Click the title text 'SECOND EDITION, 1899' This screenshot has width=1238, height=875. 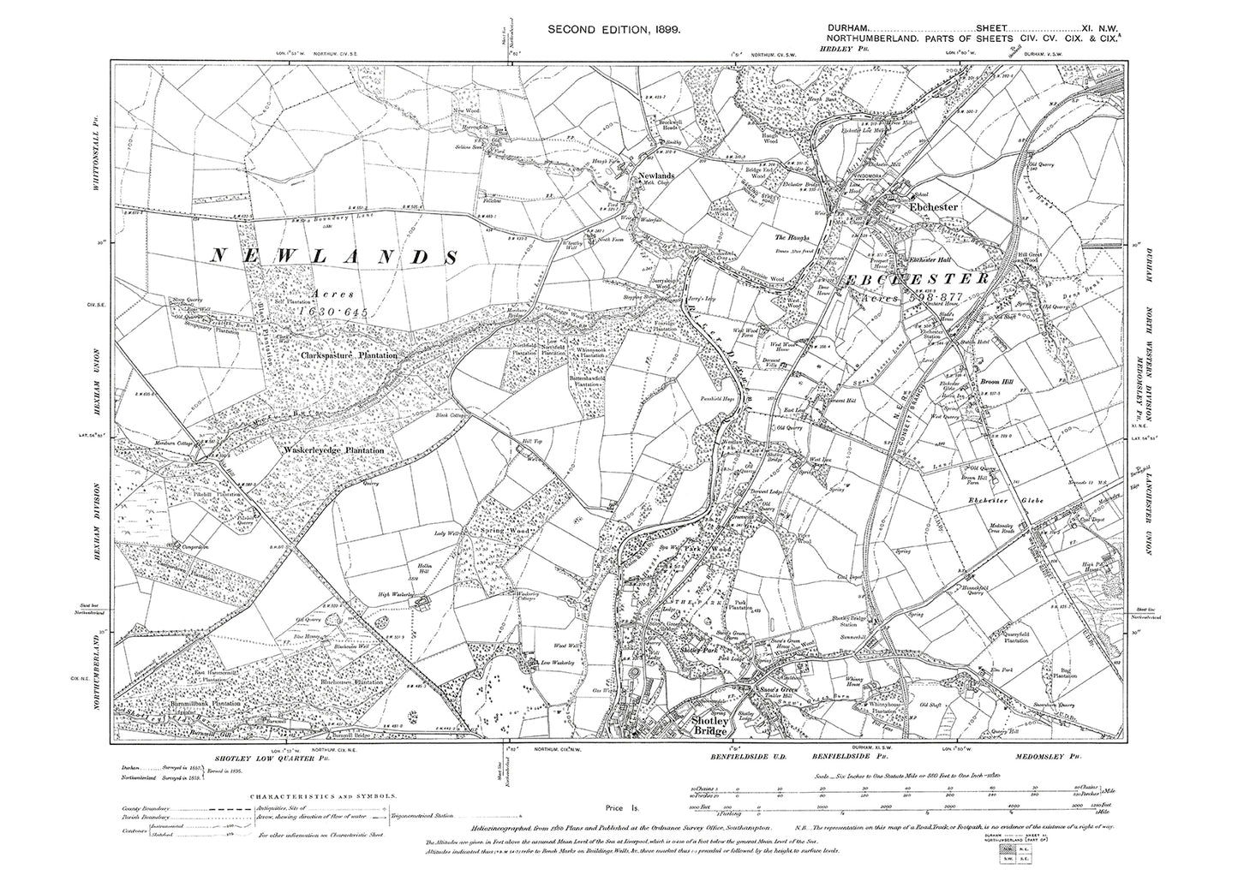coord(614,30)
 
